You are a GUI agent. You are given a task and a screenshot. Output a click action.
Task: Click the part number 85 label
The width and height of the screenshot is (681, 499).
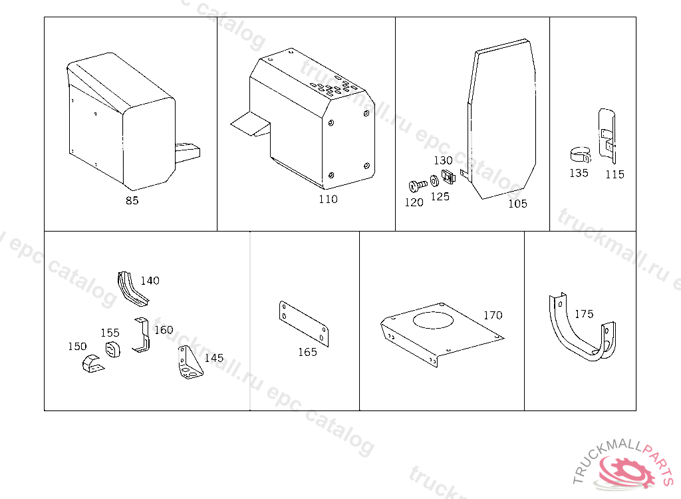coord(132,200)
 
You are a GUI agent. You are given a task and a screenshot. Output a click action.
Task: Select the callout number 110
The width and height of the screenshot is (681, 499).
coord(328,199)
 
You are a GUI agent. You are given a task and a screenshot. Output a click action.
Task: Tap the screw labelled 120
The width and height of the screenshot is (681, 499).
coord(418,186)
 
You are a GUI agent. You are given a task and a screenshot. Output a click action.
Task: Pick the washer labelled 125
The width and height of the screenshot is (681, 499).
coord(434,180)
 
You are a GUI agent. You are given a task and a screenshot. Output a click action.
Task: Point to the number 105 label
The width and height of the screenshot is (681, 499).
coord(517,204)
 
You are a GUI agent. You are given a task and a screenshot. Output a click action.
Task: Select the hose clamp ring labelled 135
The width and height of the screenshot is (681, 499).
coord(581,155)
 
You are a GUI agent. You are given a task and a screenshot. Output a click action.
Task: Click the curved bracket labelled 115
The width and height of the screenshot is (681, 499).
coord(608,136)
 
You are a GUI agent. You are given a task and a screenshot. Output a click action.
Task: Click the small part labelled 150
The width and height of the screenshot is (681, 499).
coord(92,364)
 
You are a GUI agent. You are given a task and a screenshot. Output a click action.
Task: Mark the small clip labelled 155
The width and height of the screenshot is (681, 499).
coord(113,349)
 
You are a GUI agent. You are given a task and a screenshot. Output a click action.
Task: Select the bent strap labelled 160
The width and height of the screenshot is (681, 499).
coord(142,335)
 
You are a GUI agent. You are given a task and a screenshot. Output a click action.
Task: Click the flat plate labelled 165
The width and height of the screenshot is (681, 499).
coord(303,323)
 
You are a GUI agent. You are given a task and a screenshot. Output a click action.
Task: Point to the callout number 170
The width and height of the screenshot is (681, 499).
coord(493,315)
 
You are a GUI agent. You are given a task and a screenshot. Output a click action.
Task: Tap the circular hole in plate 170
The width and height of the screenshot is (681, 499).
coord(433,320)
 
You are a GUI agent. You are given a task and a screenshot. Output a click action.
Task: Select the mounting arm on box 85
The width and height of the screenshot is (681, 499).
coord(188,153)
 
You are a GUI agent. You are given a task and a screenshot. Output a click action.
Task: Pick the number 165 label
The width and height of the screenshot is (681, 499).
coord(307,352)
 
